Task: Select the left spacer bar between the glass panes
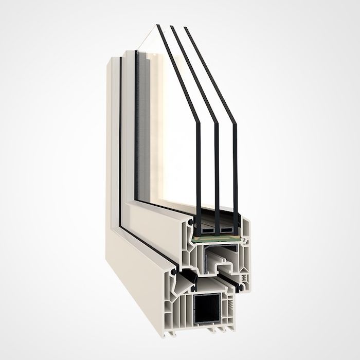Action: tap(206, 229)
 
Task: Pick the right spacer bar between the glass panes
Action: tap(226, 229)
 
